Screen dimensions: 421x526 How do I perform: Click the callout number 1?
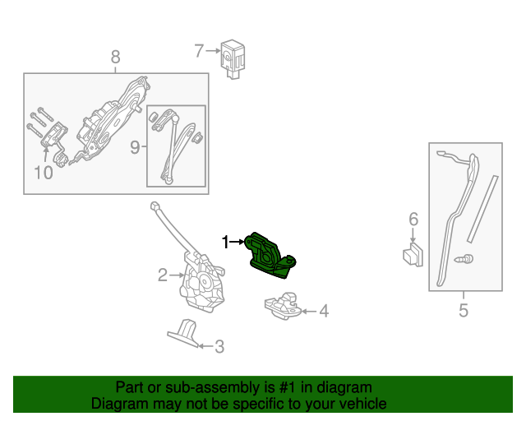225,242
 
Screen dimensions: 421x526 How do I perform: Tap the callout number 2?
163,275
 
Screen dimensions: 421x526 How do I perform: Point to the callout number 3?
219,347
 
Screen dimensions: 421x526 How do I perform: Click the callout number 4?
324,311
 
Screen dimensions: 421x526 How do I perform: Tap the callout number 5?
463,310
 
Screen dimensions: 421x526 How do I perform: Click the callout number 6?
413,219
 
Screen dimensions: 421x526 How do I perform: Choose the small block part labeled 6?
413,254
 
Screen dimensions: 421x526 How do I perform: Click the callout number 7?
199,51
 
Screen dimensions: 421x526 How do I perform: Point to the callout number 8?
115,57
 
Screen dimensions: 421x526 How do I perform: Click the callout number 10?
43,173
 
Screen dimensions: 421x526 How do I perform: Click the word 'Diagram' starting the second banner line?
117,404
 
